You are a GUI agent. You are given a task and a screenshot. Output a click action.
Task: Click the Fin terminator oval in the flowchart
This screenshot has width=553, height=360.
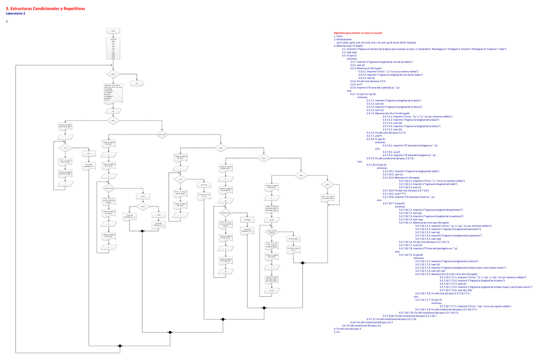coord(137,83)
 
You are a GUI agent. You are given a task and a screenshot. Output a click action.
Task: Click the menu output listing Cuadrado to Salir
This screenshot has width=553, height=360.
coord(113,93)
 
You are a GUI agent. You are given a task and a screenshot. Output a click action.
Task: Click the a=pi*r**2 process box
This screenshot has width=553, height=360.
coord(204,184)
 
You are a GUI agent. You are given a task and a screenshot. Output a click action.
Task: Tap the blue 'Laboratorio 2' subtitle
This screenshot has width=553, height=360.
coord(16,14)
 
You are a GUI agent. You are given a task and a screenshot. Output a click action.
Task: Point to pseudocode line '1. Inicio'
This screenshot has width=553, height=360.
coord(338,36)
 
